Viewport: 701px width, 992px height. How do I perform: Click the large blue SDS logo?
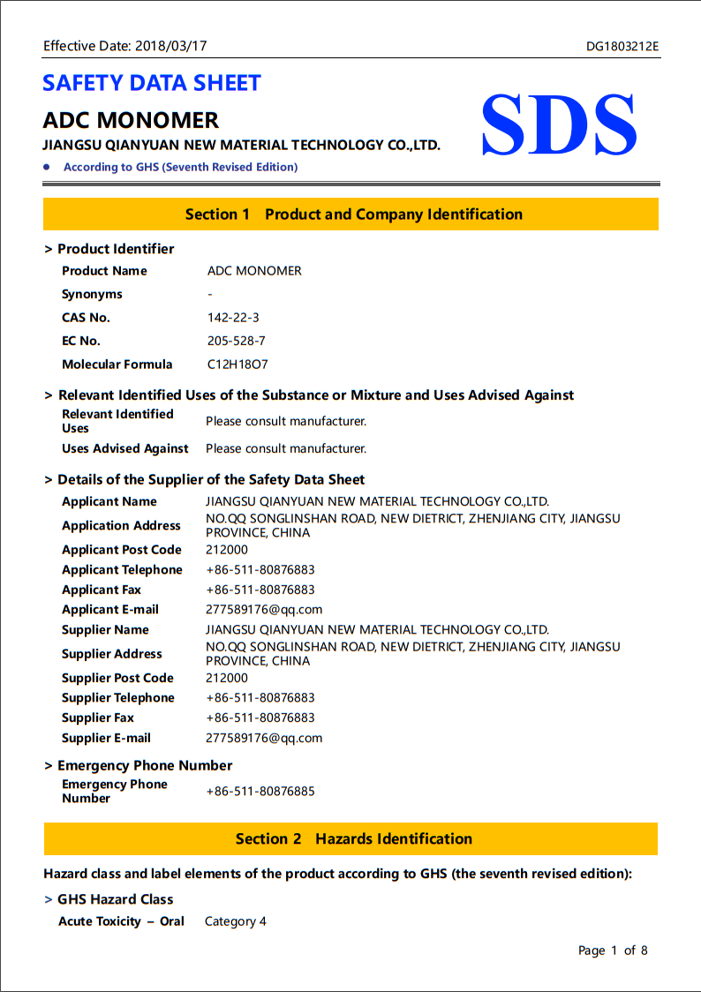[x=559, y=125]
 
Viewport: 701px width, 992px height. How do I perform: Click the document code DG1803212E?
[x=622, y=46]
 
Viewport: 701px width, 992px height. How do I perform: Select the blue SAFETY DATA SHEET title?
[x=152, y=83]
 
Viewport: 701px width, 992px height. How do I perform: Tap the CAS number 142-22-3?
[x=233, y=318]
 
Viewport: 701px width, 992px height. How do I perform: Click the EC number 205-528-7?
[x=236, y=341]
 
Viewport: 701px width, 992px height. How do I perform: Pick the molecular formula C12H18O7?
[x=238, y=364]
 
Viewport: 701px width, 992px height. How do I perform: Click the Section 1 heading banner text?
[x=353, y=214]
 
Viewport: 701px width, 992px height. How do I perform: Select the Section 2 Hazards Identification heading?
[x=353, y=839]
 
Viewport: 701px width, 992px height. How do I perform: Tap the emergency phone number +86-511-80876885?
[x=260, y=791]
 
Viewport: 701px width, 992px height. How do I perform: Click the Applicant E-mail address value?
[x=264, y=609]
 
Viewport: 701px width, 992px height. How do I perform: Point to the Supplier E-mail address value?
[x=264, y=738]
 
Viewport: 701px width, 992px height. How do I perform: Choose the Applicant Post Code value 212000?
[x=227, y=549]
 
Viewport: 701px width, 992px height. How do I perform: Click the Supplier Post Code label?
[x=117, y=678]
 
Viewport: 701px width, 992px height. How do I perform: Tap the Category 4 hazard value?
[x=235, y=921]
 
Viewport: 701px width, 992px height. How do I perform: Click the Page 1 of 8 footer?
[x=613, y=951]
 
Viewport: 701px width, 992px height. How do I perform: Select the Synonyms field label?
[x=92, y=294]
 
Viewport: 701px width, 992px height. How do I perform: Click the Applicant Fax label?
[x=102, y=590]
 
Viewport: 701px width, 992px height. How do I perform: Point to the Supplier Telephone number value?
[x=260, y=697]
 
